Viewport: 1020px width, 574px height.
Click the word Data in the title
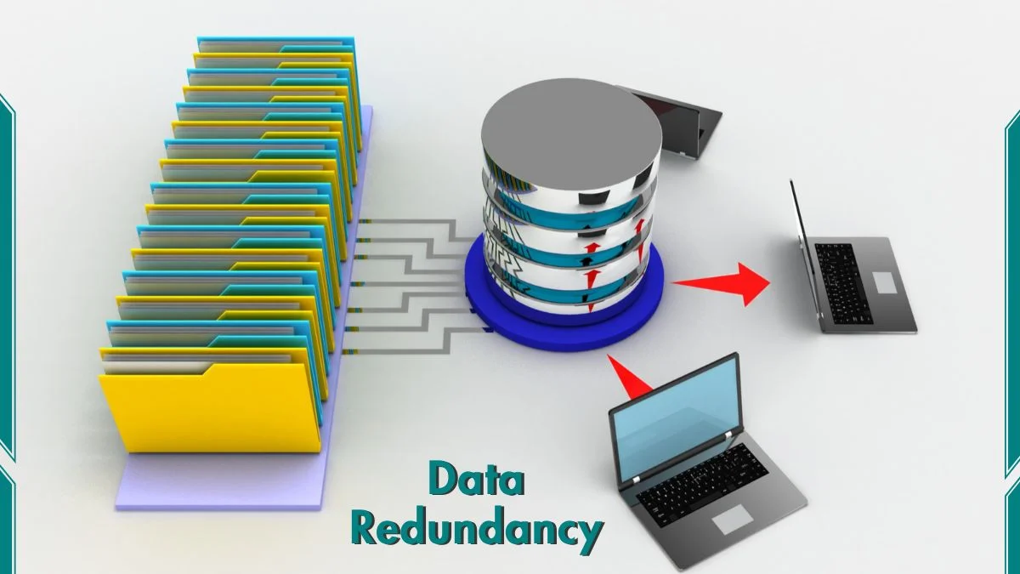pos(475,480)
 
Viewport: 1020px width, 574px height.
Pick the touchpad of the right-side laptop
pos(885,283)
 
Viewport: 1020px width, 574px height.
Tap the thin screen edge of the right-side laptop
pos(803,247)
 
